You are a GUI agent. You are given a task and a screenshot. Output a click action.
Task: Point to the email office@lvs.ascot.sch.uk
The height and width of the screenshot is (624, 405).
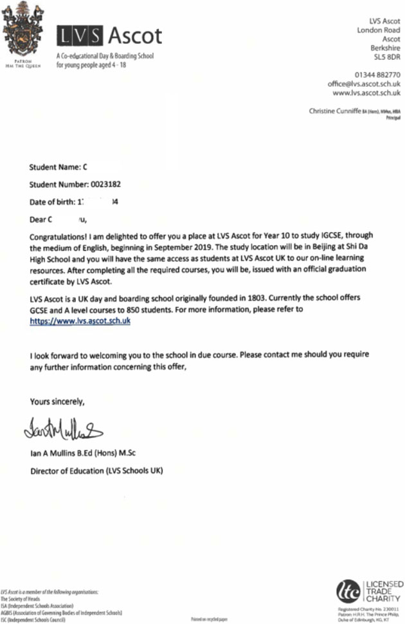pos(364,84)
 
